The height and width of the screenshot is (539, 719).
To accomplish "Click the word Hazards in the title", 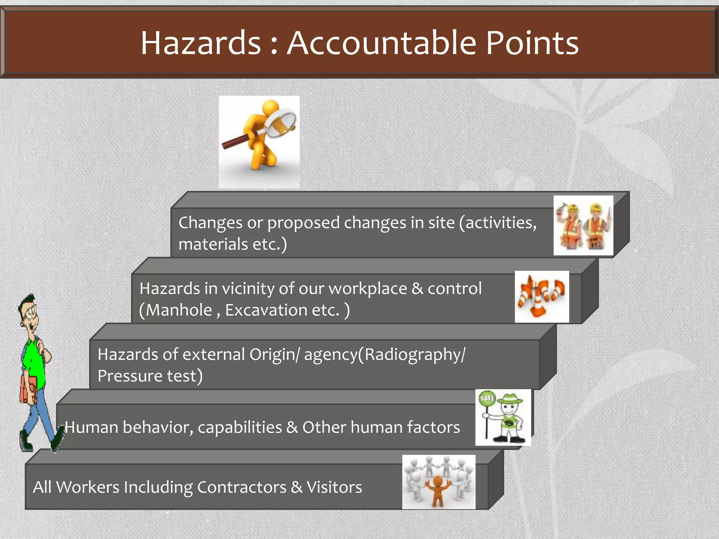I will (201, 43).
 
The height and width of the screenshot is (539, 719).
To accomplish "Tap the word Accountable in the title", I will (381, 43).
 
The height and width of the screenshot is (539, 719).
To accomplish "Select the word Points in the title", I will (532, 43).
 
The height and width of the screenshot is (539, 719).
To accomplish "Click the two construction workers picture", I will (583, 225).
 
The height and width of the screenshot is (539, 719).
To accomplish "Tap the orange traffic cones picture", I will (541, 297).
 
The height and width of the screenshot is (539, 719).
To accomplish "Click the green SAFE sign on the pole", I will (487, 398).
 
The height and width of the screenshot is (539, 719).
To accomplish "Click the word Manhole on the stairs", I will (179, 310).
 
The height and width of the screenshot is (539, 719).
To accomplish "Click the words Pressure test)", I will (150, 376).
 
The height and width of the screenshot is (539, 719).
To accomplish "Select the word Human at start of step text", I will (91, 427).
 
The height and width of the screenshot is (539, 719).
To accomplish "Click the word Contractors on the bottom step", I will (242, 487).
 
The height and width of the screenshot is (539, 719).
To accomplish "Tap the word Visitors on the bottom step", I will (334, 487).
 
